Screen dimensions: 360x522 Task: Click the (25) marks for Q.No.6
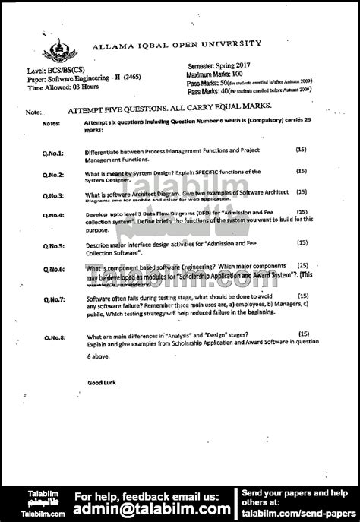coord(302,266)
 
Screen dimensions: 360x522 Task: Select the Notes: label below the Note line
coord(51,122)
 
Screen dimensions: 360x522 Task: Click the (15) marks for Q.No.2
coord(302,172)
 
